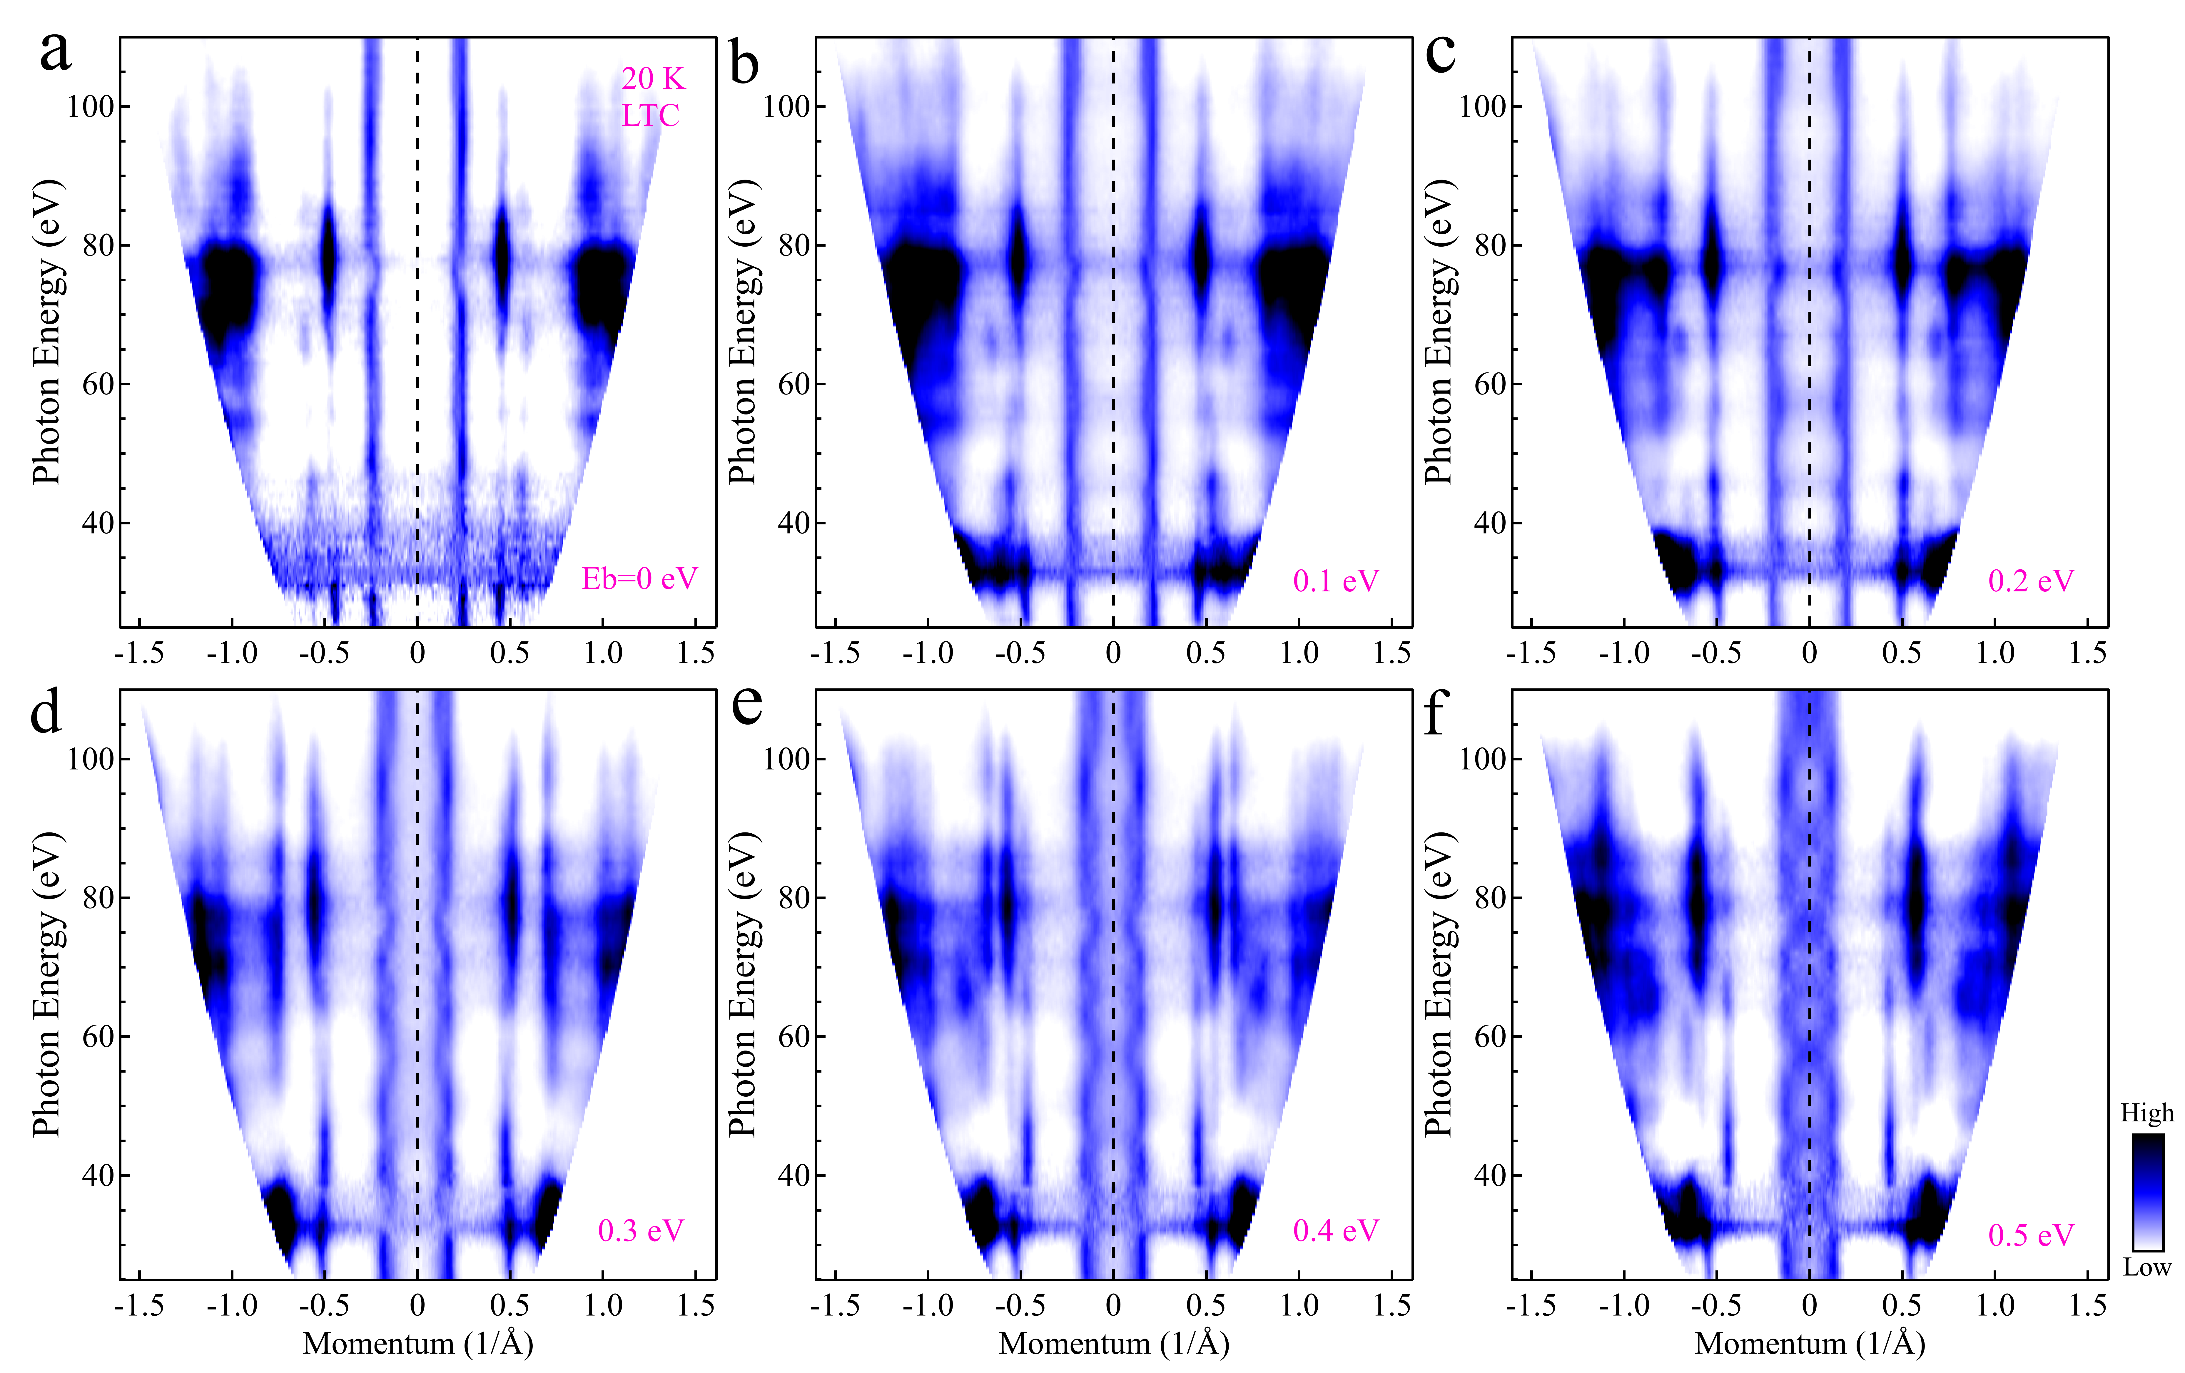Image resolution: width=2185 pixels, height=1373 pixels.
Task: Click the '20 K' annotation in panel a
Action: pos(652,79)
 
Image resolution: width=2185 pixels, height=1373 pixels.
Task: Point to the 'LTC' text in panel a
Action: pos(651,115)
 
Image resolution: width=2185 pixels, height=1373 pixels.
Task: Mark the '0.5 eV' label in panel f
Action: pos(2031,1235)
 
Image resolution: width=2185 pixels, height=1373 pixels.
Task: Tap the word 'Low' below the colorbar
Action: pos(2147,1267)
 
